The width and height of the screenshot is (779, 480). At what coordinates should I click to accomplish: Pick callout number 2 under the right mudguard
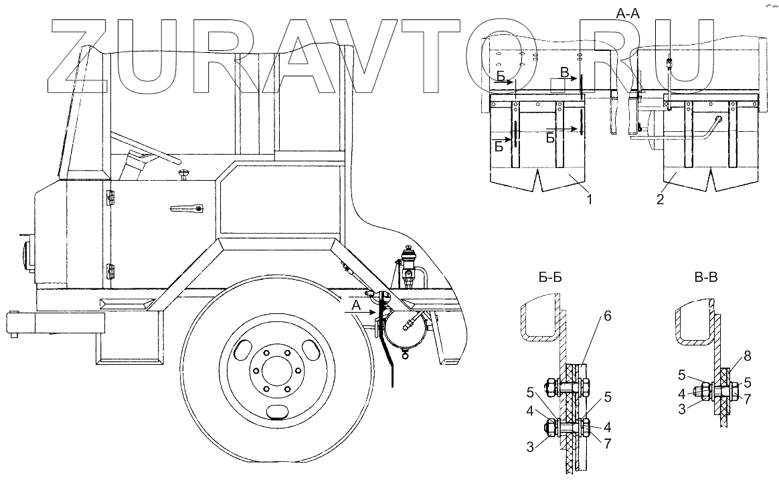661,199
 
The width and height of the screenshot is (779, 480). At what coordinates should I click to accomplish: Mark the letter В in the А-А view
565,72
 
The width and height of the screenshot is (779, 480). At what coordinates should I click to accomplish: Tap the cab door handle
187,209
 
